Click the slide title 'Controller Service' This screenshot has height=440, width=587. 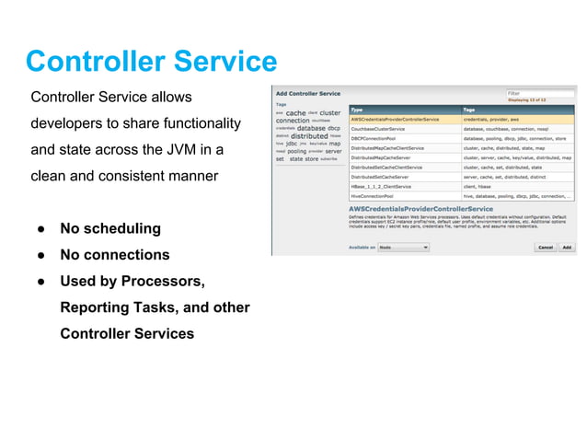pyautogui.click(x=151, y=62)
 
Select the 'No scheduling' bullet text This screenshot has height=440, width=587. pyautogui.click(x=109, y=228)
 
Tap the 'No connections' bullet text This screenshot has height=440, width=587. pyautogui.click(x=114, y=255)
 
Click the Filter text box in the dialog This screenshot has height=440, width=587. pyautogui.click(x=541, y=93)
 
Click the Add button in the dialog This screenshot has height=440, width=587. pyautogui.click(x=567, y=247)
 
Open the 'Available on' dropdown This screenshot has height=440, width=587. pyautogui.click(x=404, y=247)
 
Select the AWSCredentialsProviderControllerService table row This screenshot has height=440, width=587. pyautogui.click(x=403, y=119)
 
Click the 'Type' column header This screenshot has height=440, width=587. pyautogui.click(x=358, y=109)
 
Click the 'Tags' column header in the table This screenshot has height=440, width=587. pyautogui.click(x=470, y=109)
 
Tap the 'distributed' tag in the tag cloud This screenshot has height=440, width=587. pyautogui.click(x=309, y=136)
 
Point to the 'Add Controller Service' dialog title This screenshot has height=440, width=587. pyautogui.click(x=308, y=94)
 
